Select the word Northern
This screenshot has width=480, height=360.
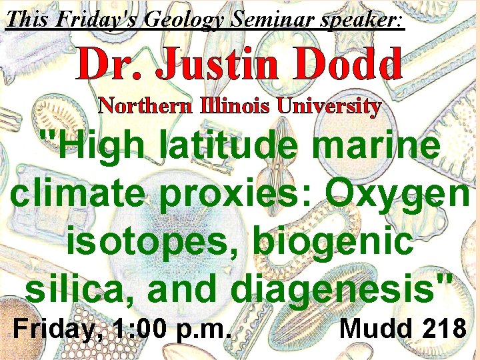(143, 105)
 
